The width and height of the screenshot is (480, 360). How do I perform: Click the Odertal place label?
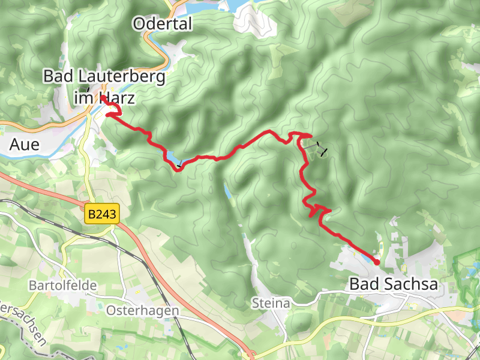(163, 24)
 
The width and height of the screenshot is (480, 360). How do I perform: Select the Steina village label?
(271, 304)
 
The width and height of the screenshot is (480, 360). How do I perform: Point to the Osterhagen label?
(142, 310)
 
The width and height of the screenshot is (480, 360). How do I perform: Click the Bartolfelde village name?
(62, 286)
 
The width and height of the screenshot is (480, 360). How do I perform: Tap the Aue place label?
(25, 145)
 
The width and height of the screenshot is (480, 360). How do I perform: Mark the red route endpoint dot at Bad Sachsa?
(377, 262)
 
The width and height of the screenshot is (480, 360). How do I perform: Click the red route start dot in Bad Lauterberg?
(103, 97)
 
